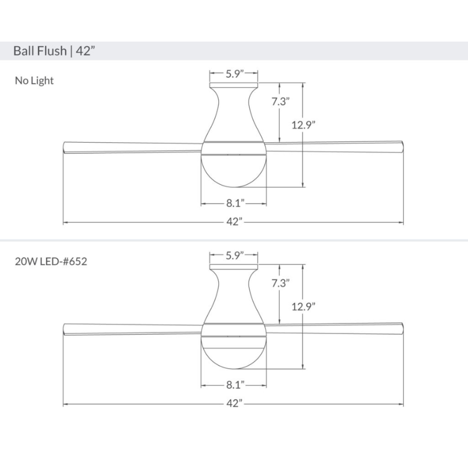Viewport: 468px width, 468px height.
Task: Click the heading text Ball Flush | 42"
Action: pos(54,51)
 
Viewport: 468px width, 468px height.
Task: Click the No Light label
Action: pos(34,81)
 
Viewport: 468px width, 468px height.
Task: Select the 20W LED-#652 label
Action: pos(51,261)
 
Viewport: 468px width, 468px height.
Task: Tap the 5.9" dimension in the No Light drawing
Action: pos(234,74)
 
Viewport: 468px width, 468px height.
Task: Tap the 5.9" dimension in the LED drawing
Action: pos(234,255)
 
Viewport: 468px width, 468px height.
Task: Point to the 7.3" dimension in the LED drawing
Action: pos(281,283)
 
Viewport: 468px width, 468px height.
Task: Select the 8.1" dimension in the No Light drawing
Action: pos(234,204)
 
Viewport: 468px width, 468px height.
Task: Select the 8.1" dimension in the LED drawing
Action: pos(234,385)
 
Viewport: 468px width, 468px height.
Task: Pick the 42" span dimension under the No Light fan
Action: pos(234,222)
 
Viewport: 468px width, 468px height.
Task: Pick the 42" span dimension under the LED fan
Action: pos(234,404)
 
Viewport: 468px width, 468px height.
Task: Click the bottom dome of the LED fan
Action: pos(234,353)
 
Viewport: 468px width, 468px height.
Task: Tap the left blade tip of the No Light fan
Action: pos(66,146)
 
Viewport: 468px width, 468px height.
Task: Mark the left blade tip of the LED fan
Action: pos(66,328)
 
